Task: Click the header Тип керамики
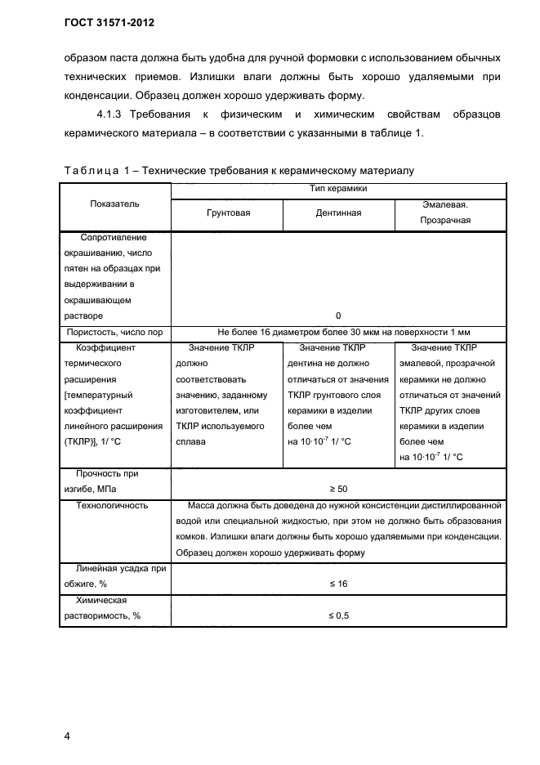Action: [x=338, y=189]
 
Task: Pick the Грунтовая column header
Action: [x=227, y=212]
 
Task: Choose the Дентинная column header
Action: [x=338, y=212]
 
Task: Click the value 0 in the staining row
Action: [x=338, y=315]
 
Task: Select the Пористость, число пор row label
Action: [x=114, y=332]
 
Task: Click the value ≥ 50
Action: [x=338, y=489]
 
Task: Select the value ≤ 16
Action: [x=338, y=584]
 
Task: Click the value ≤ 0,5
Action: [x=338, y=616]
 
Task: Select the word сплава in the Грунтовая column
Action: [x=192, y=441]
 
